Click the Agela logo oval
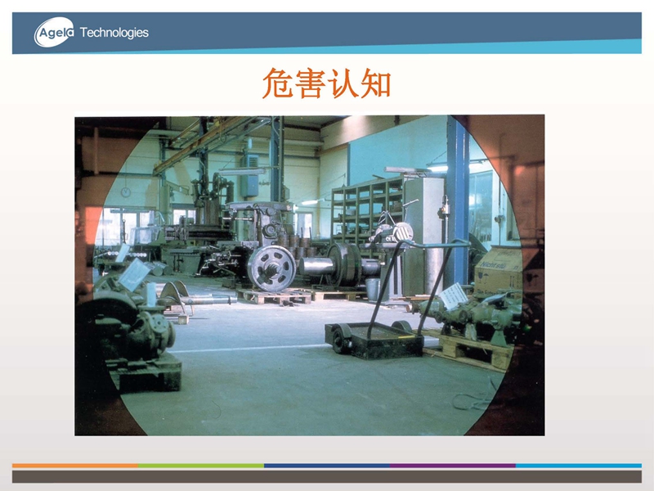(54, 32)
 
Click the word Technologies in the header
(114, 33)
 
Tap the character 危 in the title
(277, 83)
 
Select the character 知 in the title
(375, 83)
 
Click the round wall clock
(126, 192)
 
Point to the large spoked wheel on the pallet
(271, 268)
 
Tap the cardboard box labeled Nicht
(498, 271)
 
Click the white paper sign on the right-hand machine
(454, 296)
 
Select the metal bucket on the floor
(373, 289)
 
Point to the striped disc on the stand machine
(403, 232)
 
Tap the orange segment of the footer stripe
(75, 465)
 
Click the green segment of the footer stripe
(201, 465)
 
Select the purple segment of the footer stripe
(453, 465)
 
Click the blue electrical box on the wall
(250, 176)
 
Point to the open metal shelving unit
(367, 213)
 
